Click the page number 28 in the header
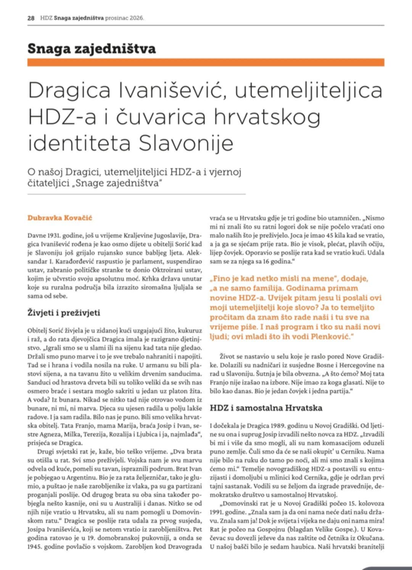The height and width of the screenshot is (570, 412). coord(31,18)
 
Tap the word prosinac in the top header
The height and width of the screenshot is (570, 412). coord(117,18)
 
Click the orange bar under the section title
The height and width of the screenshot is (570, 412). coord(206,63)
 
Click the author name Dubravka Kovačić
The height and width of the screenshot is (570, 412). coord(60,218)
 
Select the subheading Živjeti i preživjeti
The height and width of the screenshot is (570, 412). coord(64,313)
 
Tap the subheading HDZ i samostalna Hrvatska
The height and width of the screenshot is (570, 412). coord(266,408)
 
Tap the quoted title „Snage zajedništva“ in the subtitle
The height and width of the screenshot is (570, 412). coord(117,183)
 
